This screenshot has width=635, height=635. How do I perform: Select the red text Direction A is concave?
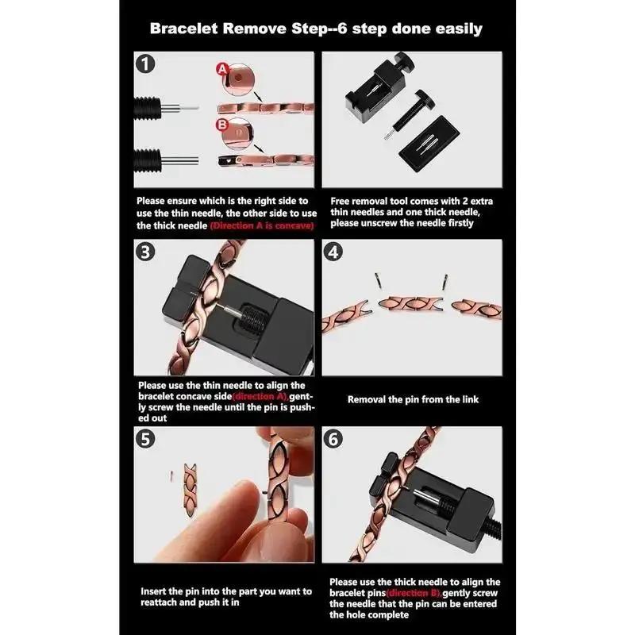tap(262, 226)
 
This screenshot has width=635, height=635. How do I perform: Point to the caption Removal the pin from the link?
tap(413, 399)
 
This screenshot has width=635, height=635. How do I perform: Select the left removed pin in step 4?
tap(376, 279)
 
